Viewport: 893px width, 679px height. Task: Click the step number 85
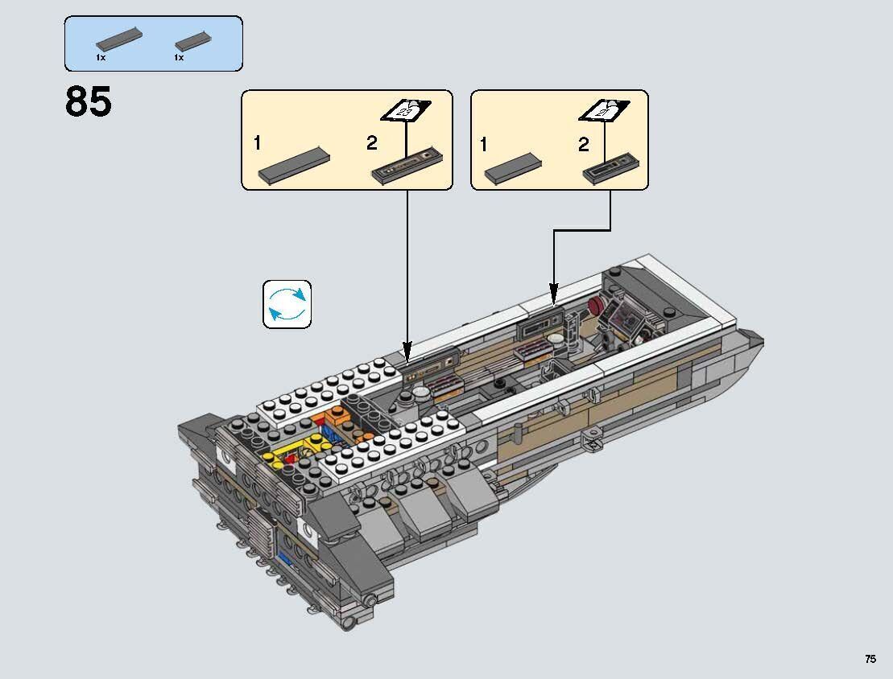89,103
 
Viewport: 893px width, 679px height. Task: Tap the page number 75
870,659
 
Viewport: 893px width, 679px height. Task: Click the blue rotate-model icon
287,304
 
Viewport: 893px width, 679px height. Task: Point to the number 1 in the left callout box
258,144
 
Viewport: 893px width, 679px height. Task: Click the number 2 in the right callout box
583,145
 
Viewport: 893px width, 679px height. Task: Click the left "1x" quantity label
101,58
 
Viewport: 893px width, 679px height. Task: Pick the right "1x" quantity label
179,58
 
